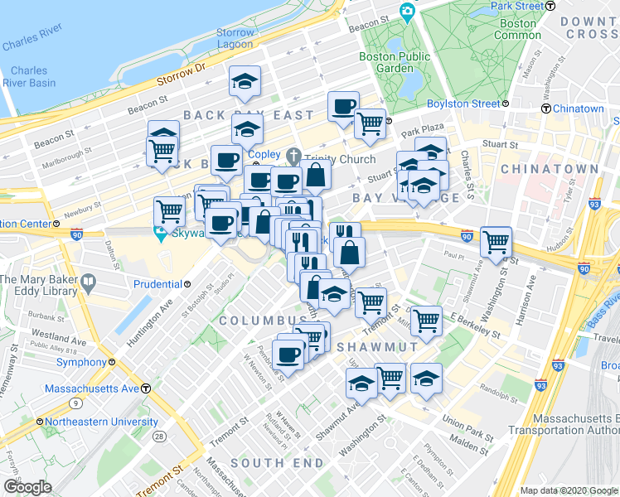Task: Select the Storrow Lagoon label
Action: [235, 38]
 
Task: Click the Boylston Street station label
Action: [463, 104]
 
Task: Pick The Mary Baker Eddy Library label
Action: [39, 285]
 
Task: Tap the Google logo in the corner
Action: [27, 487]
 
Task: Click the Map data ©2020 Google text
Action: [568, 490]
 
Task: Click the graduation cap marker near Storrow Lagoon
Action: [245, 81]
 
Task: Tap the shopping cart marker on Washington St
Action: [496, 242]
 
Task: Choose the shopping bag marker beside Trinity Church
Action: [316, 175]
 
